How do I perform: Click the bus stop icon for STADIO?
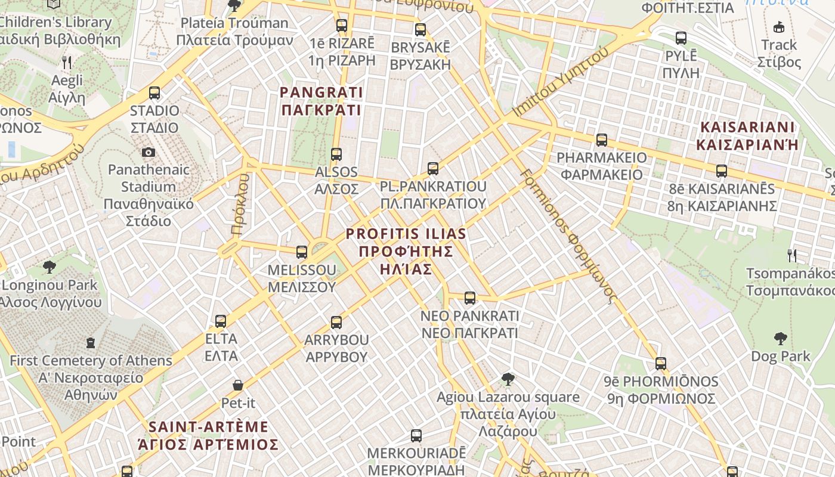point(154,93)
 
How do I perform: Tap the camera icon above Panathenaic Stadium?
point(149,153)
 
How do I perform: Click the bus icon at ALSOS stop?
point(336,154)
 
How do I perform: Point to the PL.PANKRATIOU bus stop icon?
point(433,169)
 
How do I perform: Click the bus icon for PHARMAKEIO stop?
point(602,140)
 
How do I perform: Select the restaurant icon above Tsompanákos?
point(792,256)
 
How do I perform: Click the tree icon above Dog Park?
point(780,339)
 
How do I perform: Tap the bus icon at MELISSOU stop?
point(302,252)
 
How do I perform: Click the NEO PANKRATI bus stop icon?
point(470,298)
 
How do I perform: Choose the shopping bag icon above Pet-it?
point(238,385)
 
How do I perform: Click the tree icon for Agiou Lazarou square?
point(508,379)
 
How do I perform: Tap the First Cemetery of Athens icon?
point(91,343)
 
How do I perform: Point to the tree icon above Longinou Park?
point(50,267)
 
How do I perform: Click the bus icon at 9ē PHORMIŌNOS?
point(661,363)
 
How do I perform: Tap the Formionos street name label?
point(567,236)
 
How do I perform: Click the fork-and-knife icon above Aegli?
point(67,62)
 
